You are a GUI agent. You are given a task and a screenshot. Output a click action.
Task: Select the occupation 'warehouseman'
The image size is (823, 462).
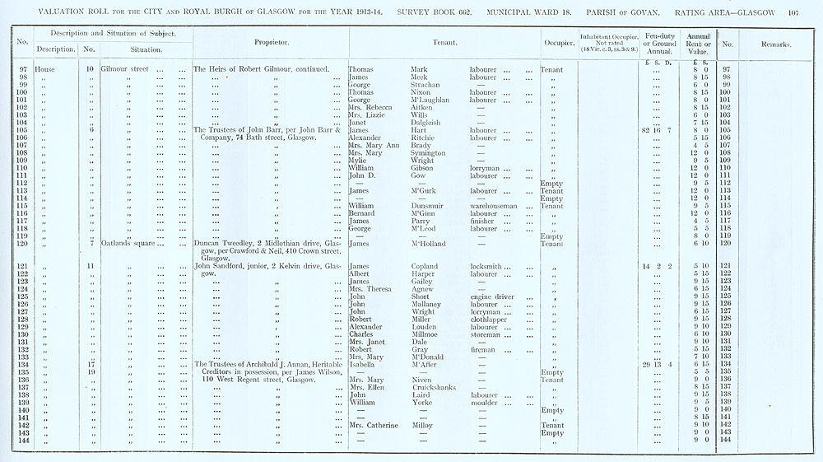pyautogui.click(x=494, y=205)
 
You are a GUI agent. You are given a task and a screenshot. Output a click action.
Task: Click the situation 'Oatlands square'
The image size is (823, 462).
pyautogui.click(x=129, y=243)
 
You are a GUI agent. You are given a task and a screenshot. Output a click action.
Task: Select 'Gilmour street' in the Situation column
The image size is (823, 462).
pyautogui.click(x=124, y=69)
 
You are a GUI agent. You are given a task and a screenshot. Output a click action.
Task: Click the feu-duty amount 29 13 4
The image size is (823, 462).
pyautogui.click(x=656, y=364)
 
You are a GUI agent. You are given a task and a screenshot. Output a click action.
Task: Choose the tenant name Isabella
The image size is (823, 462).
pyautogui.click(x=365, y=364)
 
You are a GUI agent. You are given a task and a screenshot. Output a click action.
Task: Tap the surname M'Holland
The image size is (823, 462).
pyautogui.click(x=433, y=243)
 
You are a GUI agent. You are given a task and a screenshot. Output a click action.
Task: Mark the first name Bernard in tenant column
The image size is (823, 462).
pyautogui.click(x=363, y=213)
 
